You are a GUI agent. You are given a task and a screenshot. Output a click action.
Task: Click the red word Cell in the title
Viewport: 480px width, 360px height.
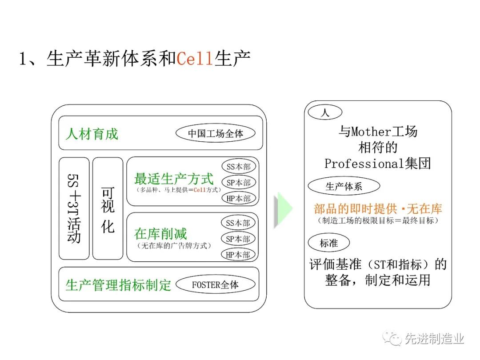click(195, 58)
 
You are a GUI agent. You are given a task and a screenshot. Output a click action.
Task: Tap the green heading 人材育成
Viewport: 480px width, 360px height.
click(92, 134)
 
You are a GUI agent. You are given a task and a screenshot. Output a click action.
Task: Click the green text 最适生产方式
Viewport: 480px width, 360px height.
click(174, 179)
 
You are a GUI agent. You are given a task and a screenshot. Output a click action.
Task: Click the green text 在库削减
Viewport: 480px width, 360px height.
click(160, 234)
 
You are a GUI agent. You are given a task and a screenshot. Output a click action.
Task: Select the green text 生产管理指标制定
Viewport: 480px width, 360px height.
click(118, 285)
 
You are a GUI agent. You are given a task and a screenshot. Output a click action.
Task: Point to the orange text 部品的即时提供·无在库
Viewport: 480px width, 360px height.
click(378, 209)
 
